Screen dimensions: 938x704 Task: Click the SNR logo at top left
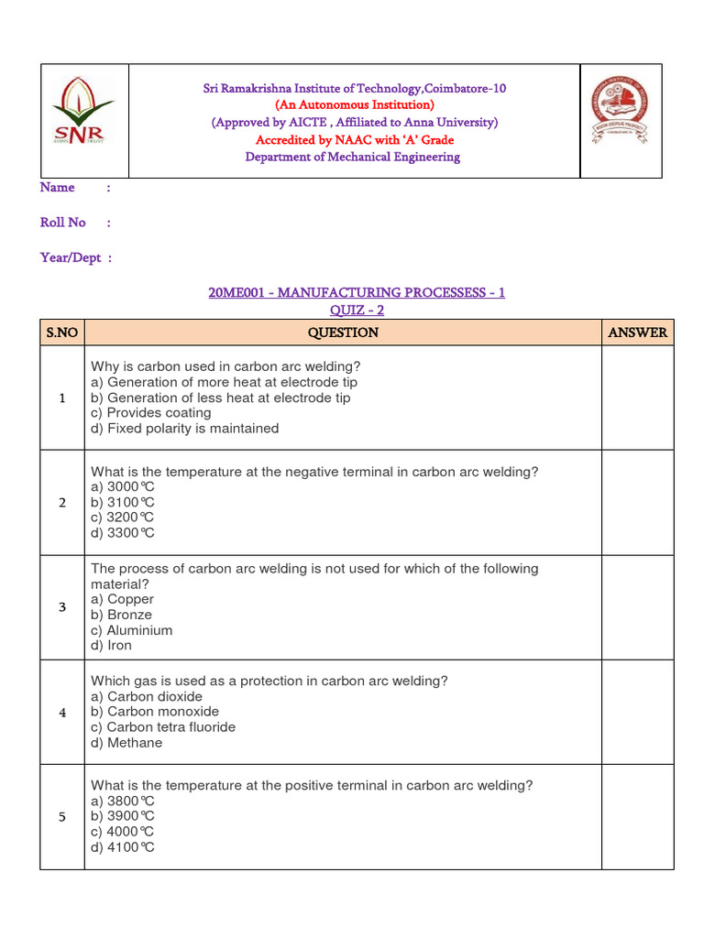click(x=83, y=111)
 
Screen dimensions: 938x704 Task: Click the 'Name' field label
click(x=58, y=188)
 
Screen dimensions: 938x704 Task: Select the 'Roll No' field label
click(x=63, y=223)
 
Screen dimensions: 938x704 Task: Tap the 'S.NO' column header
click(x=62, y=333)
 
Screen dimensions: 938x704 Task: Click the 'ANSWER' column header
click(x=637, y=333)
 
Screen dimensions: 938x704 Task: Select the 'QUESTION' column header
click(x=343, y=333)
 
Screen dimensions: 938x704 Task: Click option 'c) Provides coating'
click(x=151, y=413)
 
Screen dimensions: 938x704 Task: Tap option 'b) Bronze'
click(x=121, y=615)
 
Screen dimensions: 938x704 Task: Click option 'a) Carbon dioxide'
click(x=147, y=696)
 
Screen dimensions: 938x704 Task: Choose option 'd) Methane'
click(x=126, y=743)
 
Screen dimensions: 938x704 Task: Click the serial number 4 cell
click(x=62, y=713)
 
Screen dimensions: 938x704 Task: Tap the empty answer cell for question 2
click(x=637, y=502)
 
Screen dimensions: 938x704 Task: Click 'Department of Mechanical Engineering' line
click(x=353, y=157)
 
